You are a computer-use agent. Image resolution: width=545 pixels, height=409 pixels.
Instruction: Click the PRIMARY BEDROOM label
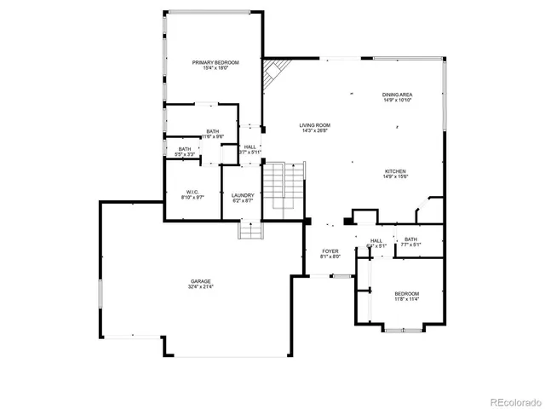point(215,62)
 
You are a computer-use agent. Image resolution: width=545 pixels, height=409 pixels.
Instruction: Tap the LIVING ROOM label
point(314,125)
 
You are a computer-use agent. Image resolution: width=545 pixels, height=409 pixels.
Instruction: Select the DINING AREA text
point(398,95)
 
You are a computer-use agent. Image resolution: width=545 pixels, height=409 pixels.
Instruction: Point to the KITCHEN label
point(394,171)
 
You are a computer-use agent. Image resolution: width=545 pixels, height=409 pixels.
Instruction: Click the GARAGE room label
point(201,281)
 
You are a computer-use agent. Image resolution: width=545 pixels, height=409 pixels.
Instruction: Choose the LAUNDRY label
point(243,195)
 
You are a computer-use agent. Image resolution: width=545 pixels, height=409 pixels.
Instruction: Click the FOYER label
point(330,251)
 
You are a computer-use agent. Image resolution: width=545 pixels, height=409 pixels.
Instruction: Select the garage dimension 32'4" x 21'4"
point(201,287)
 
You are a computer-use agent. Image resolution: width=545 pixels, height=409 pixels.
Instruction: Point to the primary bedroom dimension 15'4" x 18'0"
point(215,68)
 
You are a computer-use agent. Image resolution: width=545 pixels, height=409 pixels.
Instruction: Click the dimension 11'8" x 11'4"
point(406,299)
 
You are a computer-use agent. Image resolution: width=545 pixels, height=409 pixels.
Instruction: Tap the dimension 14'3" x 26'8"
point(314,131)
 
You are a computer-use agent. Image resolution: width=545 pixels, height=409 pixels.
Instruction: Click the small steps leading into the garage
point(250,230)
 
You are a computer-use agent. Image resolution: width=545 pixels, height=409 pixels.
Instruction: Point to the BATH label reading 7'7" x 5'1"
point(411,239)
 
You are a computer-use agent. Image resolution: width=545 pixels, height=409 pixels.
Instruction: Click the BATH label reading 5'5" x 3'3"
point(185,150)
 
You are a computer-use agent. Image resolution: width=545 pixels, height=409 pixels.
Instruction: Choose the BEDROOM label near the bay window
point(406,293)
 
